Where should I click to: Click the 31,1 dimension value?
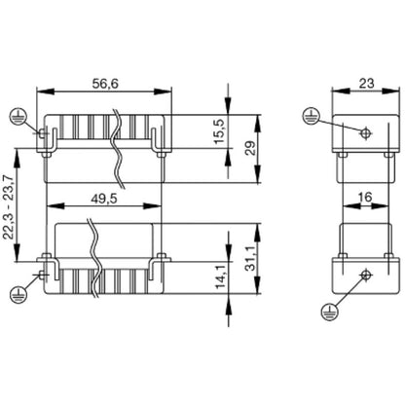coord(252,258)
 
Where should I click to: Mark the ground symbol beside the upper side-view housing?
coord(309,114)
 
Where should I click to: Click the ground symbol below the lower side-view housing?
coord(324,313)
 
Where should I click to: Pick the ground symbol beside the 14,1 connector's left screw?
coord(17,292)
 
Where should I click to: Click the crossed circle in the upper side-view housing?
coord(364,133)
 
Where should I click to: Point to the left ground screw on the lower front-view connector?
coord(43,275)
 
